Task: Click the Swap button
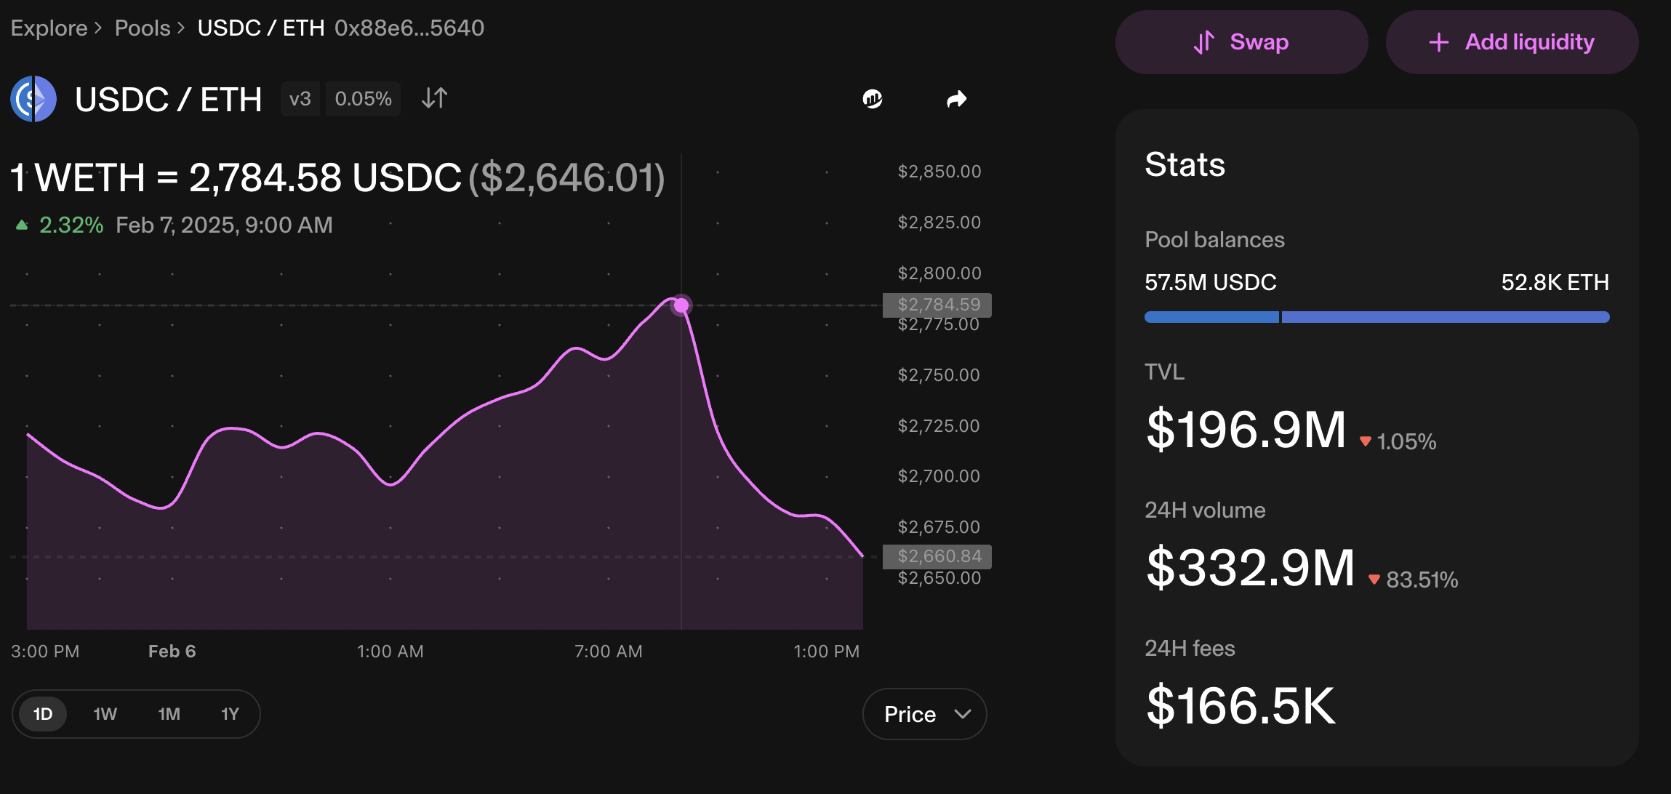1241,42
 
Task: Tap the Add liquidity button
1512,42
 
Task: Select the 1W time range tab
105,714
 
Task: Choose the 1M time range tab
169,714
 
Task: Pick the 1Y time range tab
230,714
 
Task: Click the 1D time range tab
43,714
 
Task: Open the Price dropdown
924,714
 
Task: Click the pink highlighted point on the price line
681,305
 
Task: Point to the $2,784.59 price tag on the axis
937,305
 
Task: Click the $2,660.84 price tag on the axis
937,556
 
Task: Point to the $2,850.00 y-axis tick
939,172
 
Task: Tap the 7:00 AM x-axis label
609,651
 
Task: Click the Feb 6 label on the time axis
172,651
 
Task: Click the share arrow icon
957,99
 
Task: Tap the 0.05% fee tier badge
364,99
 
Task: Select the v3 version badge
300,99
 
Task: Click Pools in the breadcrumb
143,28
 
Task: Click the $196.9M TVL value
1246,430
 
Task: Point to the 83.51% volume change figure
1422,580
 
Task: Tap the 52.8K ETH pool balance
1555,282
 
